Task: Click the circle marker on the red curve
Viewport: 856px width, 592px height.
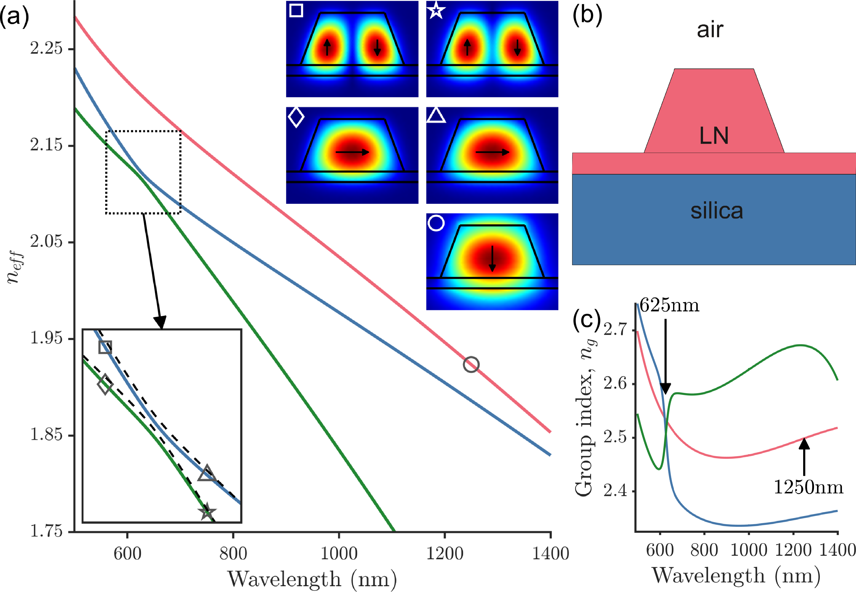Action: click(471, 365)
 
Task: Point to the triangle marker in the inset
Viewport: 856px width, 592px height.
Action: click(207, 473)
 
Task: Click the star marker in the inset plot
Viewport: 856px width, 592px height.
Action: click(207, 512)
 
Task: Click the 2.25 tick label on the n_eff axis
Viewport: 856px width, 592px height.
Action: click(46, 48)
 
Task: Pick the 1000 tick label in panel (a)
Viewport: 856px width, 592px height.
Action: click(339, 554)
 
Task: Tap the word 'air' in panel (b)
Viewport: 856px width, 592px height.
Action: click(710, 30)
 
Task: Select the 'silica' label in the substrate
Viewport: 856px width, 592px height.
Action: click(717, 211)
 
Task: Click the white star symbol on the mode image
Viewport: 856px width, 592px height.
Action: click(436, 10)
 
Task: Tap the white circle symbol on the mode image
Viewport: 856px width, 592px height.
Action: click(436, 223)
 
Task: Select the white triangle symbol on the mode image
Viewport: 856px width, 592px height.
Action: click(436, 116)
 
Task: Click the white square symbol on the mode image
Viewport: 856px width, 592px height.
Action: click(296, 10)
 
